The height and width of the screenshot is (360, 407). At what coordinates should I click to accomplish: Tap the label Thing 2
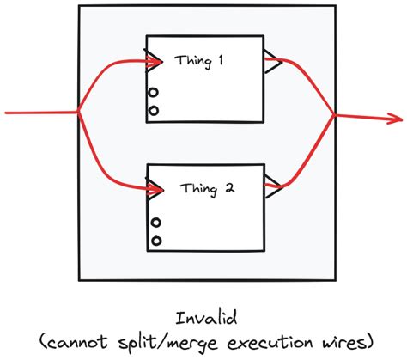point(203,186)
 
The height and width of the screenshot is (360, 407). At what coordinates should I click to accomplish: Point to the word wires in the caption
point(342,341)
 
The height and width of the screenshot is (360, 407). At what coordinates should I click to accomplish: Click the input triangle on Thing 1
point(155,60)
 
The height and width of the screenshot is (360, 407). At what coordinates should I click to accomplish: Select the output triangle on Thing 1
point(270,61)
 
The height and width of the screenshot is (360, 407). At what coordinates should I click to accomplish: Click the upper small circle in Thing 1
point(153,94)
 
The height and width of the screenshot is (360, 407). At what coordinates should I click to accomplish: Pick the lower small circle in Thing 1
point(153,110)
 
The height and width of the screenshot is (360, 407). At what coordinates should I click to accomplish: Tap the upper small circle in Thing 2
point(155,223)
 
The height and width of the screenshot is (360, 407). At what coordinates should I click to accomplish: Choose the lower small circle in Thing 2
point(155,239)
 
